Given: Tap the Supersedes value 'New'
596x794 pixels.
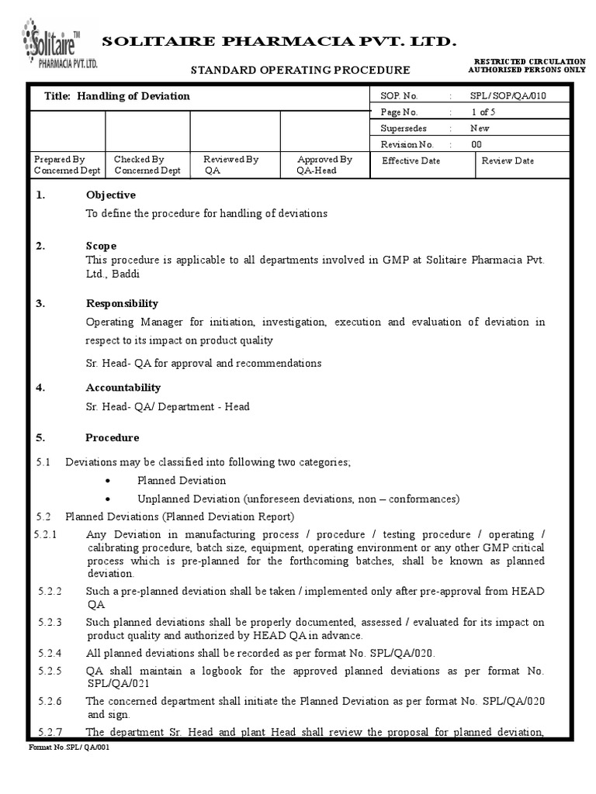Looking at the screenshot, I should pyautogui.click(x=480, y=128).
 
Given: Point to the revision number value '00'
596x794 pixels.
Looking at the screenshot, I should pyautogui.click(x=476, y=144).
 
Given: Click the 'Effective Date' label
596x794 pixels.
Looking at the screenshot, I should pyautogui.click(x=411, y=161).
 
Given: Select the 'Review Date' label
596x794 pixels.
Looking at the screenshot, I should pyautogui.click(x=508, y=161).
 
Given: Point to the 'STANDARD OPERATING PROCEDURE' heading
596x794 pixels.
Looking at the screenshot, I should pyautogui.click(x=300, y=70).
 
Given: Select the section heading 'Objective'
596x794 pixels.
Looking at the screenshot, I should pyautogui.click(x=110, y=195).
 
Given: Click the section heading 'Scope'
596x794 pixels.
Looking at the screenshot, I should pyautogui.click(x=101, y=246).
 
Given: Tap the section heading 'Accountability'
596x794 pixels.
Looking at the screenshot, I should pyautogui.click(x=123, y=387).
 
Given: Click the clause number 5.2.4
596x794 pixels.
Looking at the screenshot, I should pyautogui.click(x=50, y=653).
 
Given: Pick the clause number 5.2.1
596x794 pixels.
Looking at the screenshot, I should pyautogui.click(x=50, y=534).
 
